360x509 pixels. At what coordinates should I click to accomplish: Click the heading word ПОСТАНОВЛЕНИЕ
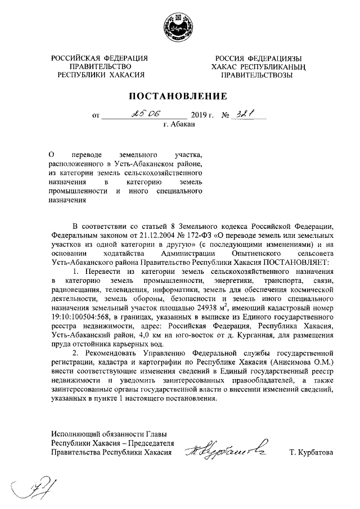click(x=179, y=95)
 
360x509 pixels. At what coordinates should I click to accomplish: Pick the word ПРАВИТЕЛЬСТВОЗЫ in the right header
click(x=256, y=75)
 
